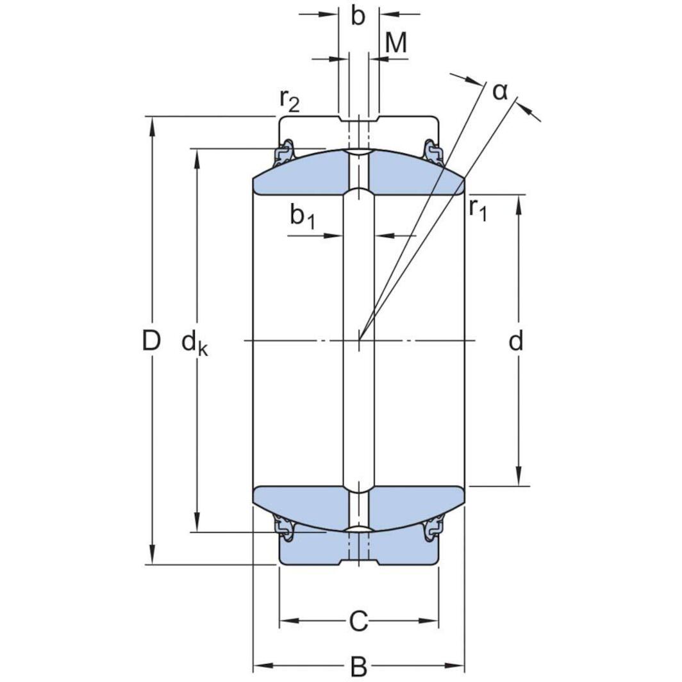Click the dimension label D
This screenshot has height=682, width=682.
151,342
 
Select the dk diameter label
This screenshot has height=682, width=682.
195,344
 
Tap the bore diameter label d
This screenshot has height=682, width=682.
516,342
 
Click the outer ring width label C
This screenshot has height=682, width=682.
358,620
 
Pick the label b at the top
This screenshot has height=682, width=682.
358,17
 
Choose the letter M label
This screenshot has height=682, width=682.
396,44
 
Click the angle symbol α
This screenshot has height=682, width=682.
500,92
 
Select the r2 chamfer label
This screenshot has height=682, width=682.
289,99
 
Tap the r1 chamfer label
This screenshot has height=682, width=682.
478,209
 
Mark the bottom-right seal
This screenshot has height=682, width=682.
434,527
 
